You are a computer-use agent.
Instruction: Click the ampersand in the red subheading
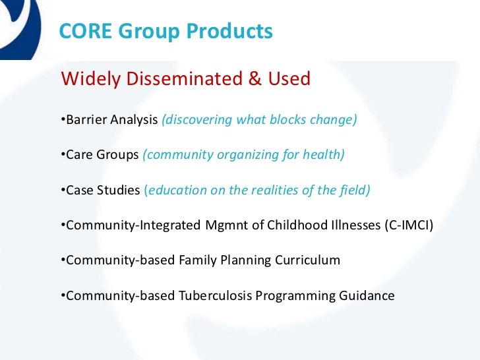255,80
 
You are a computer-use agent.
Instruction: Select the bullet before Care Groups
63,155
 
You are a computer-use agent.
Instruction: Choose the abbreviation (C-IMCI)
408,225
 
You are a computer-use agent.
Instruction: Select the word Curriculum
310,260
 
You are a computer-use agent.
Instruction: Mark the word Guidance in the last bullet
367,295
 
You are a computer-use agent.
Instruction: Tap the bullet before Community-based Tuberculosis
63,295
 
